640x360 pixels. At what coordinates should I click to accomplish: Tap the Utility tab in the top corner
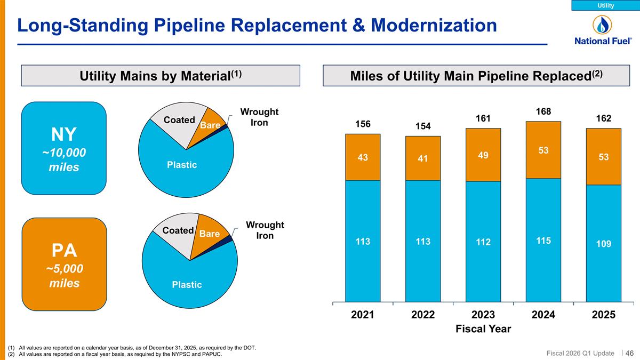point(605,5)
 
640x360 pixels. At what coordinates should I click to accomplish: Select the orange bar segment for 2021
point(363,157)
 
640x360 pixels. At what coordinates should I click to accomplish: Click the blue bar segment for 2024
point(543,240)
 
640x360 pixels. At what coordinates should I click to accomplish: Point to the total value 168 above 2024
point(543,111)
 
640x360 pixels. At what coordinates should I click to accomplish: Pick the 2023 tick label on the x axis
point(483,315)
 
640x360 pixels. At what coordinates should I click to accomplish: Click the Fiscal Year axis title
point(483,329)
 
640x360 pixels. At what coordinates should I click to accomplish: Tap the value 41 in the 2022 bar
point(423,158)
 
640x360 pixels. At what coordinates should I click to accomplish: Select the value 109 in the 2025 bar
point(603,243)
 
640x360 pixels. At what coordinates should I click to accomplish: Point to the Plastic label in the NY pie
point(182,165)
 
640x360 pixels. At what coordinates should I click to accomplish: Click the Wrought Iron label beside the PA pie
point(265,230)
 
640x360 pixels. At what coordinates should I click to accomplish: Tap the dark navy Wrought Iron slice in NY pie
point(226,127)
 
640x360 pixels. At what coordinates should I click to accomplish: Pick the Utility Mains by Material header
point(161,76)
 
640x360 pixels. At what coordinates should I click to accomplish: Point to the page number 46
point(629,353)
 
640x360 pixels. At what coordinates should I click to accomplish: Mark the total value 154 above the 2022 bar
point(423,126)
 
